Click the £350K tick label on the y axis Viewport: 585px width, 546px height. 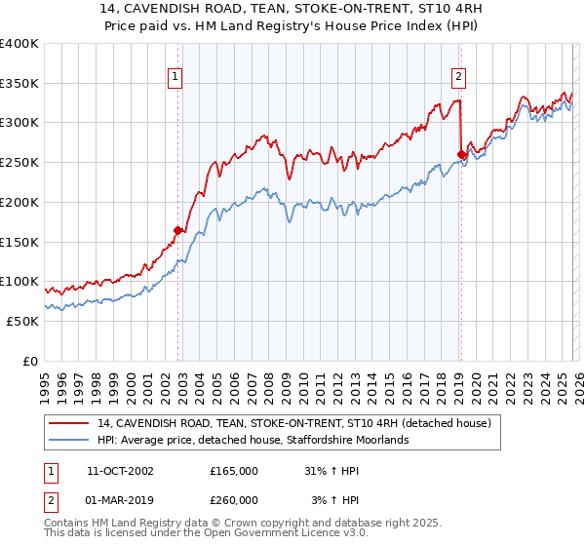(x=19, y=84)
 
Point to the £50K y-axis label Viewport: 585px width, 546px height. (x=22, y=321)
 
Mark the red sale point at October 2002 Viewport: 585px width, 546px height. (x=178, y=231)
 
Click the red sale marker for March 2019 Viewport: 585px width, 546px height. (x=461, y=153)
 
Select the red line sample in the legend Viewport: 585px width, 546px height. (x=69, y=423)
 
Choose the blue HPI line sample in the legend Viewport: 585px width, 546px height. (x=69, y=440)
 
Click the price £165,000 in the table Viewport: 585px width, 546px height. (x=234, y=471)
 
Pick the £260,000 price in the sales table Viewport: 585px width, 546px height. (x=234, y=500)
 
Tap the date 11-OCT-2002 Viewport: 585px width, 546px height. (x=120, y=471)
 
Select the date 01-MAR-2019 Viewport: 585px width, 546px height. (x=120, y=500)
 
